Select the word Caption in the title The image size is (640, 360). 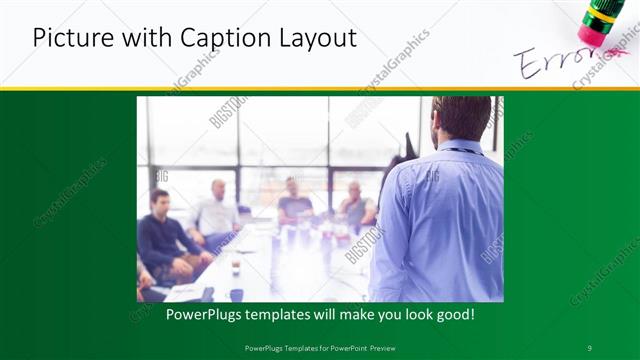pyautogui.click(x=219, y=39)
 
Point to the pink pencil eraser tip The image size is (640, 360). pyautogui.click(x=594, y=35)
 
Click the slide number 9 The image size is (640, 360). pyautogui.click(x=589, y=347)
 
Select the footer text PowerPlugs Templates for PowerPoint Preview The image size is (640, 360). pyautogui.click(x=319, y=347)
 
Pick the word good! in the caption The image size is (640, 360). pyautogui.click(x=453, y=314)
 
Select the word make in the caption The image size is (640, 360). pyautogui.click(x=343, y=314)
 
